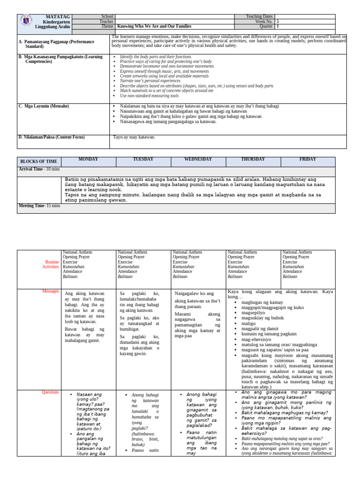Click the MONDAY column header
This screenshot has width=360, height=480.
pos(88,159)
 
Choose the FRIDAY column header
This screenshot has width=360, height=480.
pos(307,159)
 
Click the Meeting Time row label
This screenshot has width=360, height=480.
pos(39,206)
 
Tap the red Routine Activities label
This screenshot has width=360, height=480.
pos(51,264)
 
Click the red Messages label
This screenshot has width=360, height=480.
pos(51,292)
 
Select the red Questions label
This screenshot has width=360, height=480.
pos(51,392)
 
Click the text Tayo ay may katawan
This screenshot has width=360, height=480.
pos(135,137)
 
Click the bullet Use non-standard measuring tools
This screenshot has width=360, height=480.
pos(149,96)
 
